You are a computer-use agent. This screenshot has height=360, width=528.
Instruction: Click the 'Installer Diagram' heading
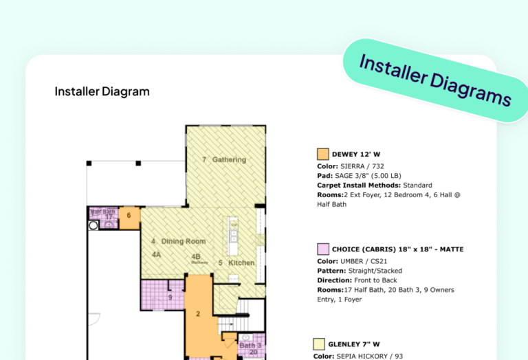[102, 91]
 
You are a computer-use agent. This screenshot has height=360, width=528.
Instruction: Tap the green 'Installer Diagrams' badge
[435, 80]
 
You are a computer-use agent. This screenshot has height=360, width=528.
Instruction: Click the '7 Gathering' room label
[224, 160]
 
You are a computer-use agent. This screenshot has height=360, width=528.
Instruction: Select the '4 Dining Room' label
[178, 241]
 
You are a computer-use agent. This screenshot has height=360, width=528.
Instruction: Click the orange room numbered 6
[129, 216]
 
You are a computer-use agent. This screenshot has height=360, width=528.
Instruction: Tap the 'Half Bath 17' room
[103, 214]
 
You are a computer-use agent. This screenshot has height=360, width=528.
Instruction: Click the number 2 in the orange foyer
[197, 314]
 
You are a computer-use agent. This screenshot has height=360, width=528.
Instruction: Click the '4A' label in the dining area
[157, 254]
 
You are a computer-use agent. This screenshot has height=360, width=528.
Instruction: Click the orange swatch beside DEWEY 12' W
[322, 154]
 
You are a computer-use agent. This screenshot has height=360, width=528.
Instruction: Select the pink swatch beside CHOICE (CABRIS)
[322, 249]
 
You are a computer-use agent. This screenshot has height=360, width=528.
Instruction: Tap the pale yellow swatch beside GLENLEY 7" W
[319, 344]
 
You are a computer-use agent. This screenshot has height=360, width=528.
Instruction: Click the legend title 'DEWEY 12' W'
[356, 154]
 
